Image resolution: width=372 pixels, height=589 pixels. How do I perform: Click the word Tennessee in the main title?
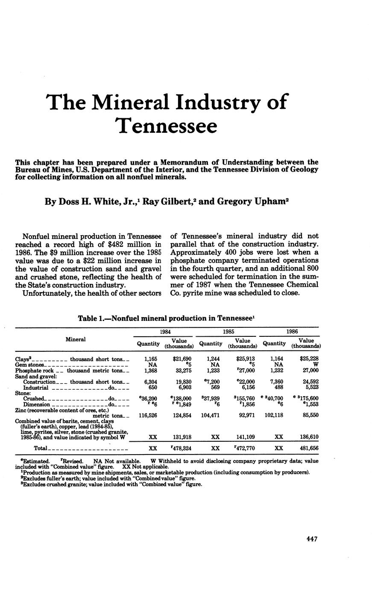(167, 125)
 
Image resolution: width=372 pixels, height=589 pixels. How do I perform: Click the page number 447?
(312, 539)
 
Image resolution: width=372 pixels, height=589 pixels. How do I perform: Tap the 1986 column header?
(293, 331)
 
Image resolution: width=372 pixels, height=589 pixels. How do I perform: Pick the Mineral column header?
(76, 340)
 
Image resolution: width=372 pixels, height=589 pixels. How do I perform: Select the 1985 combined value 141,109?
(243, 437)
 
